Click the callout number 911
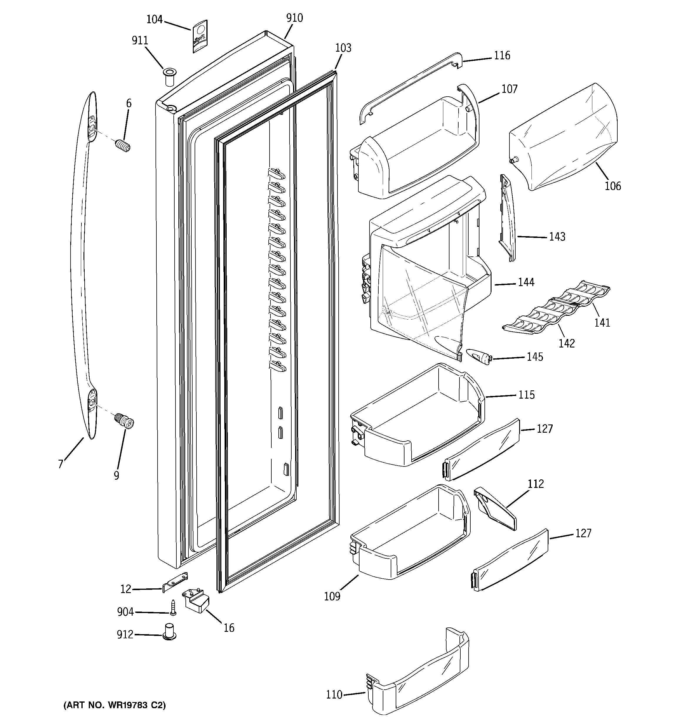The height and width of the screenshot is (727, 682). pyautogui.click(x=140, y=41)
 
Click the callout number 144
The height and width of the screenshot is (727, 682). pyautogui.click(x=526, y=282)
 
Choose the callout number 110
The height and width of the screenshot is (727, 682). pyautogui.click(x=334, y=694)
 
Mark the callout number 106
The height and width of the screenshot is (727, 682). pyautogui.click(x=612, y=186)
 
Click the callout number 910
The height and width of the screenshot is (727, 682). pyautogui.click(x=294, y=18)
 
